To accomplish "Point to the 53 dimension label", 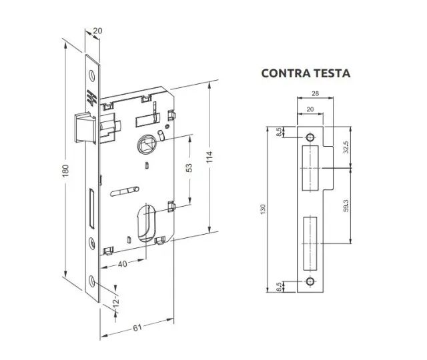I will [x=189, y=167].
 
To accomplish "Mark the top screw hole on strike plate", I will [x=310, y=137].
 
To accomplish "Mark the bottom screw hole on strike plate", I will [x=310, y=283].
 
